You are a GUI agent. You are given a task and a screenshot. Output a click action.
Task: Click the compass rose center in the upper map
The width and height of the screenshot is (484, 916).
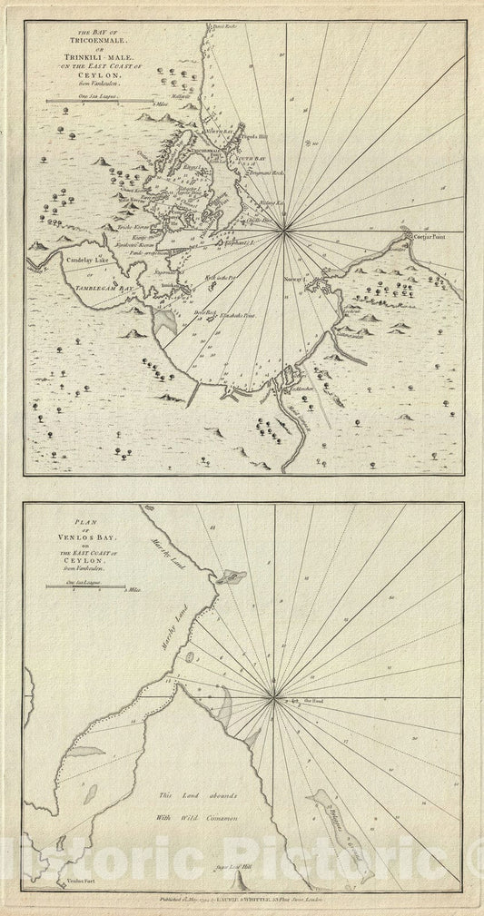coord(284,232)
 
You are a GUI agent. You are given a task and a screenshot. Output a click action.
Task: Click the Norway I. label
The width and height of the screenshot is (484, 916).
coord(296,280)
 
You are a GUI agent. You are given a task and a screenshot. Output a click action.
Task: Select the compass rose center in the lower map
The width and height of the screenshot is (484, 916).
coord(274,697)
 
